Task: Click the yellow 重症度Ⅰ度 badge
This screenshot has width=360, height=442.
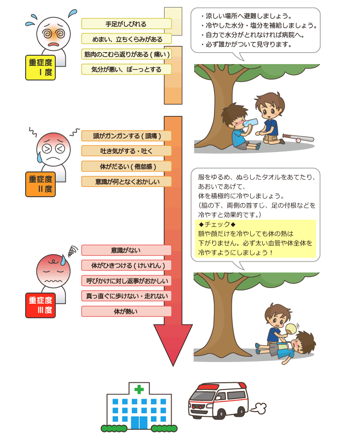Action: coord(41,68)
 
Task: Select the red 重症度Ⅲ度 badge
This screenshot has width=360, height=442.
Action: coord(41,305)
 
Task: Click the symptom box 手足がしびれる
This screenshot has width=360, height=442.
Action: coord(126,24)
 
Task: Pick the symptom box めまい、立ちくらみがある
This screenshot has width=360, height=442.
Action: coord(126,39)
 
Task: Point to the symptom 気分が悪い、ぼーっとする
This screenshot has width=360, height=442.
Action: coord(126,69)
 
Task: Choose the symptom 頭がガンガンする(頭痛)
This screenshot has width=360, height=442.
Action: coord(126,136)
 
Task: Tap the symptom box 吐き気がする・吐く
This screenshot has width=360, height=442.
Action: coord(126,151)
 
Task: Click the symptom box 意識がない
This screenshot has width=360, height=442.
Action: coord(126,250)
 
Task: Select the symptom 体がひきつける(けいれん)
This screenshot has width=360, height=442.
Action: coord(126,266)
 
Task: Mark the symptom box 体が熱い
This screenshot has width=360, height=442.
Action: coord(126,311)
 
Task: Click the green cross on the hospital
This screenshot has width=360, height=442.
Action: coord(139,389)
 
